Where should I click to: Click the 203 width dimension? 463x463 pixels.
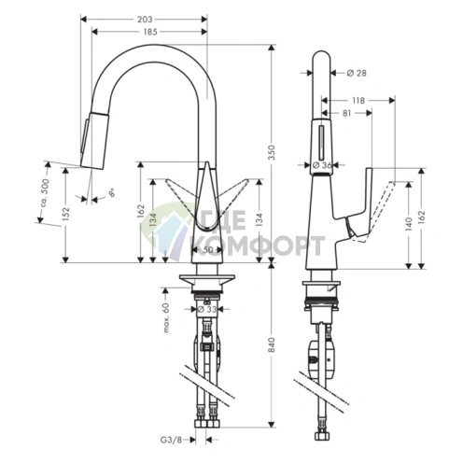click(x=145, y=18)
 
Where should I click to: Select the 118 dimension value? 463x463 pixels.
click(x=358, y=101)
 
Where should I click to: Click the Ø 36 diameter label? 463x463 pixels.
click(x=323, y=165)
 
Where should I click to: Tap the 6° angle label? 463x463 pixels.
click(x=111, y=193)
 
